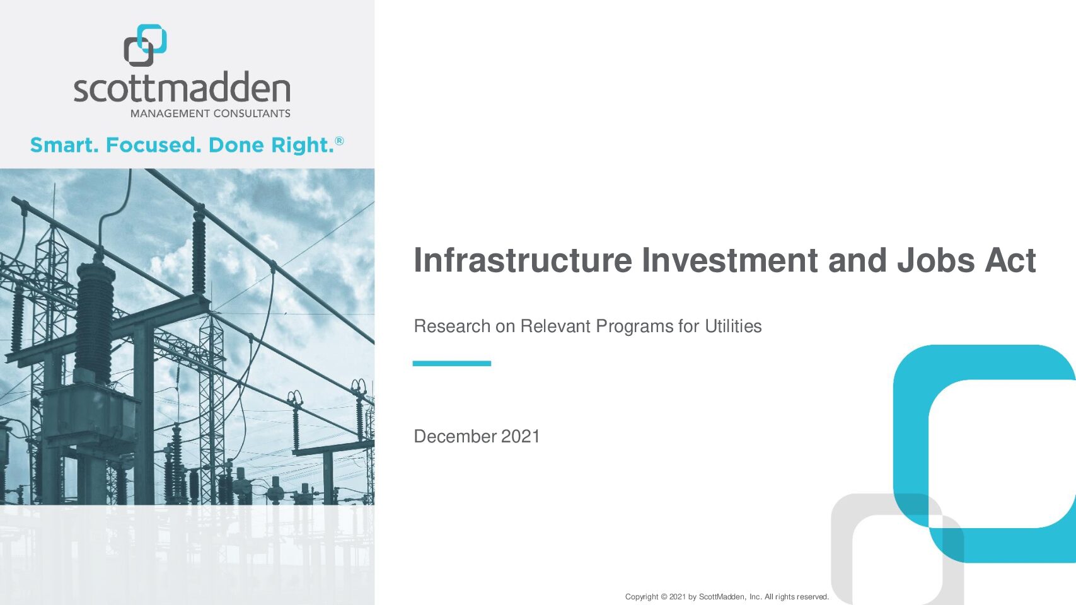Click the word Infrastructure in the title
pyautogui.click(x=523, y=260)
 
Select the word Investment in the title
pyautogui.click(x=730, y=260)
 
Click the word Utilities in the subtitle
pyautogui.click(x=733, y=326)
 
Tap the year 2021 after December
pyautogui.click(x=521, y=437)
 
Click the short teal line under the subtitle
pyautogui.click(x=451, y=364)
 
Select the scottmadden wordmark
pyautogui.click(x=182, y=87)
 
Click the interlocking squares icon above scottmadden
pyautogui.click(x=145, y=45)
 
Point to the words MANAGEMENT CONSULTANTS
pyautogui.click(x=211, y=114)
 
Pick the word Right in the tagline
pyautogui.click(x=302, y=146)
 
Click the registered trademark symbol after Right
pyautogui.click(x=339, y=141)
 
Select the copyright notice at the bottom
pyautogui.click(x=727, y=597)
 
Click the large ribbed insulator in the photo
pyautogui.click(x=95, y=317)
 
